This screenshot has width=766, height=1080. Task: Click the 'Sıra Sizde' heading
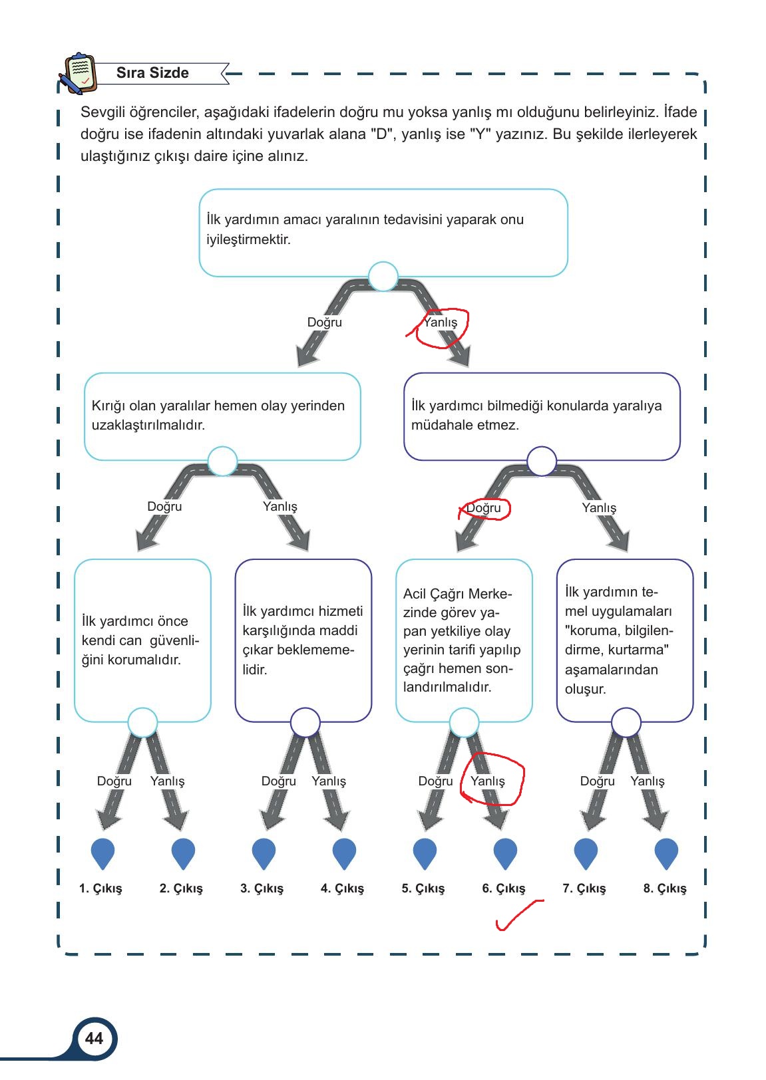click(x=152, y=72)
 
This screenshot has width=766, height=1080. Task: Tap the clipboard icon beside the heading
click(x=78, y=72)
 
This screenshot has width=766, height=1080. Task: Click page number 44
click(x=94, y=1038)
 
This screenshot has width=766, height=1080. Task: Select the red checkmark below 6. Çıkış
click(x=520, y=914)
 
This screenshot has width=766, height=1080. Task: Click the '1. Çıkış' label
click(x=100, y=888)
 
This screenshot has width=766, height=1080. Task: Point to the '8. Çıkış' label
click(x=665, y=888)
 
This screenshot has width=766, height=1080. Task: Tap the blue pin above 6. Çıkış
click(x=505, y=853)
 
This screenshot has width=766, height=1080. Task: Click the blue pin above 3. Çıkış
click(x=264, y=853)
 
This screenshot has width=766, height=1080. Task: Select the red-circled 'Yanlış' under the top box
click(x=440, y=322)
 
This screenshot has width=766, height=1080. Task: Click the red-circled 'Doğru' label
click(x=483, y=507)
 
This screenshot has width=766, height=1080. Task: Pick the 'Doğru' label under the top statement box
click(x=325, y=322)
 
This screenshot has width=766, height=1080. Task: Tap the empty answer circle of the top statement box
click(x=383, y=277)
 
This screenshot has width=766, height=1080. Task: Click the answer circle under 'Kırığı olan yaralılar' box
click(x=222, y=461)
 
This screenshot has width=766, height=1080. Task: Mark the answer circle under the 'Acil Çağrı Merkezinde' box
click(x=464, y=723)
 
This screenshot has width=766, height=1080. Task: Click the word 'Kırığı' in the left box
click(x=108, y=406)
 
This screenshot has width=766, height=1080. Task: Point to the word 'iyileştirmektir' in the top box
click(x=248, y=239)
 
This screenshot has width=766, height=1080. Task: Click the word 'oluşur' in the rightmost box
click(x=586, y=689)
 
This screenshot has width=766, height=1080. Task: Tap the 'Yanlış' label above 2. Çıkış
click(x=168, y=781)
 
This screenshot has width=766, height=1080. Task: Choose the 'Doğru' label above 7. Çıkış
click(x=597, y=781)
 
